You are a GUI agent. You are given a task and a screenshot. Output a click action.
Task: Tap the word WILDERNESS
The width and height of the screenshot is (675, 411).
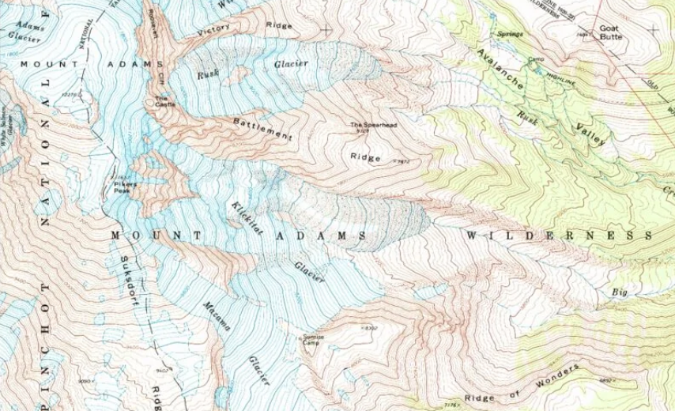(x=560, y=236)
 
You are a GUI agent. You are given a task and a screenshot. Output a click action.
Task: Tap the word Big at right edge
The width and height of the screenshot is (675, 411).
(x=618, y=292)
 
